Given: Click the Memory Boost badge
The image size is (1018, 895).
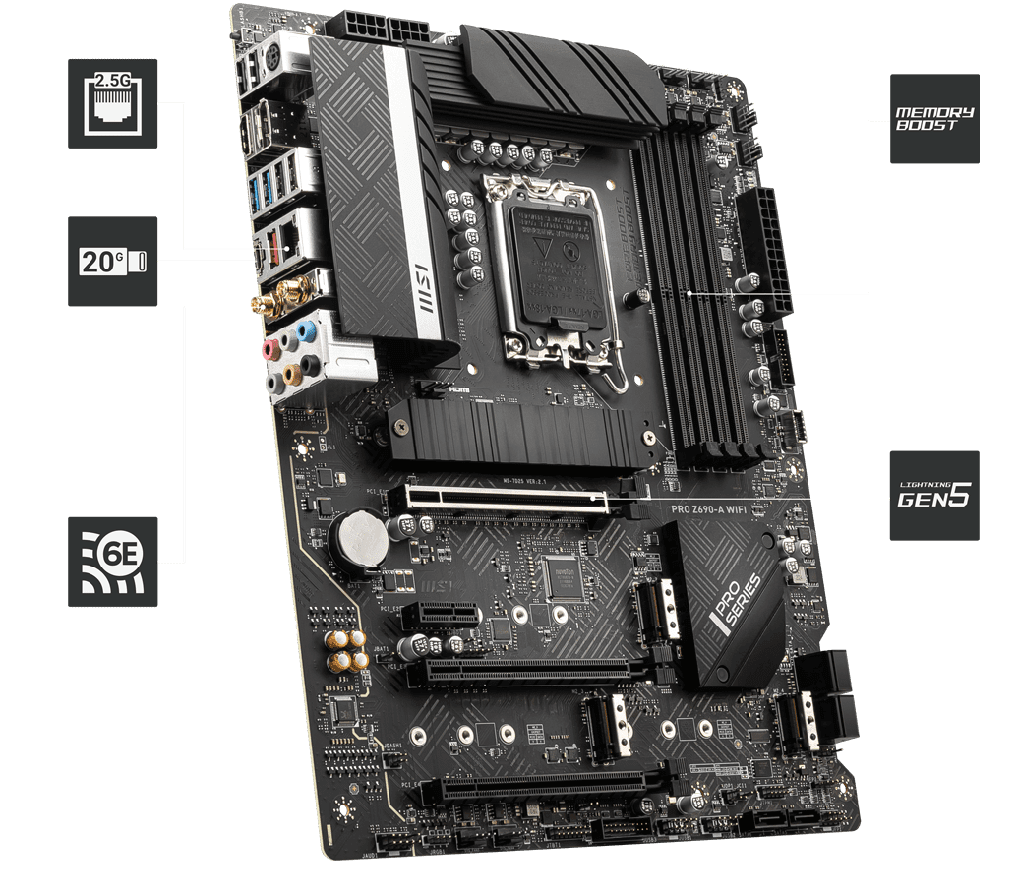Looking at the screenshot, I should click(x=934, y=118).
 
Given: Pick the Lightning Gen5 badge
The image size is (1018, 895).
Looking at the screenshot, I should click(x=934, y=496).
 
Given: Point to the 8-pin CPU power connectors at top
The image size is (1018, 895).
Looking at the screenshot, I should click(x=389, y=27).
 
